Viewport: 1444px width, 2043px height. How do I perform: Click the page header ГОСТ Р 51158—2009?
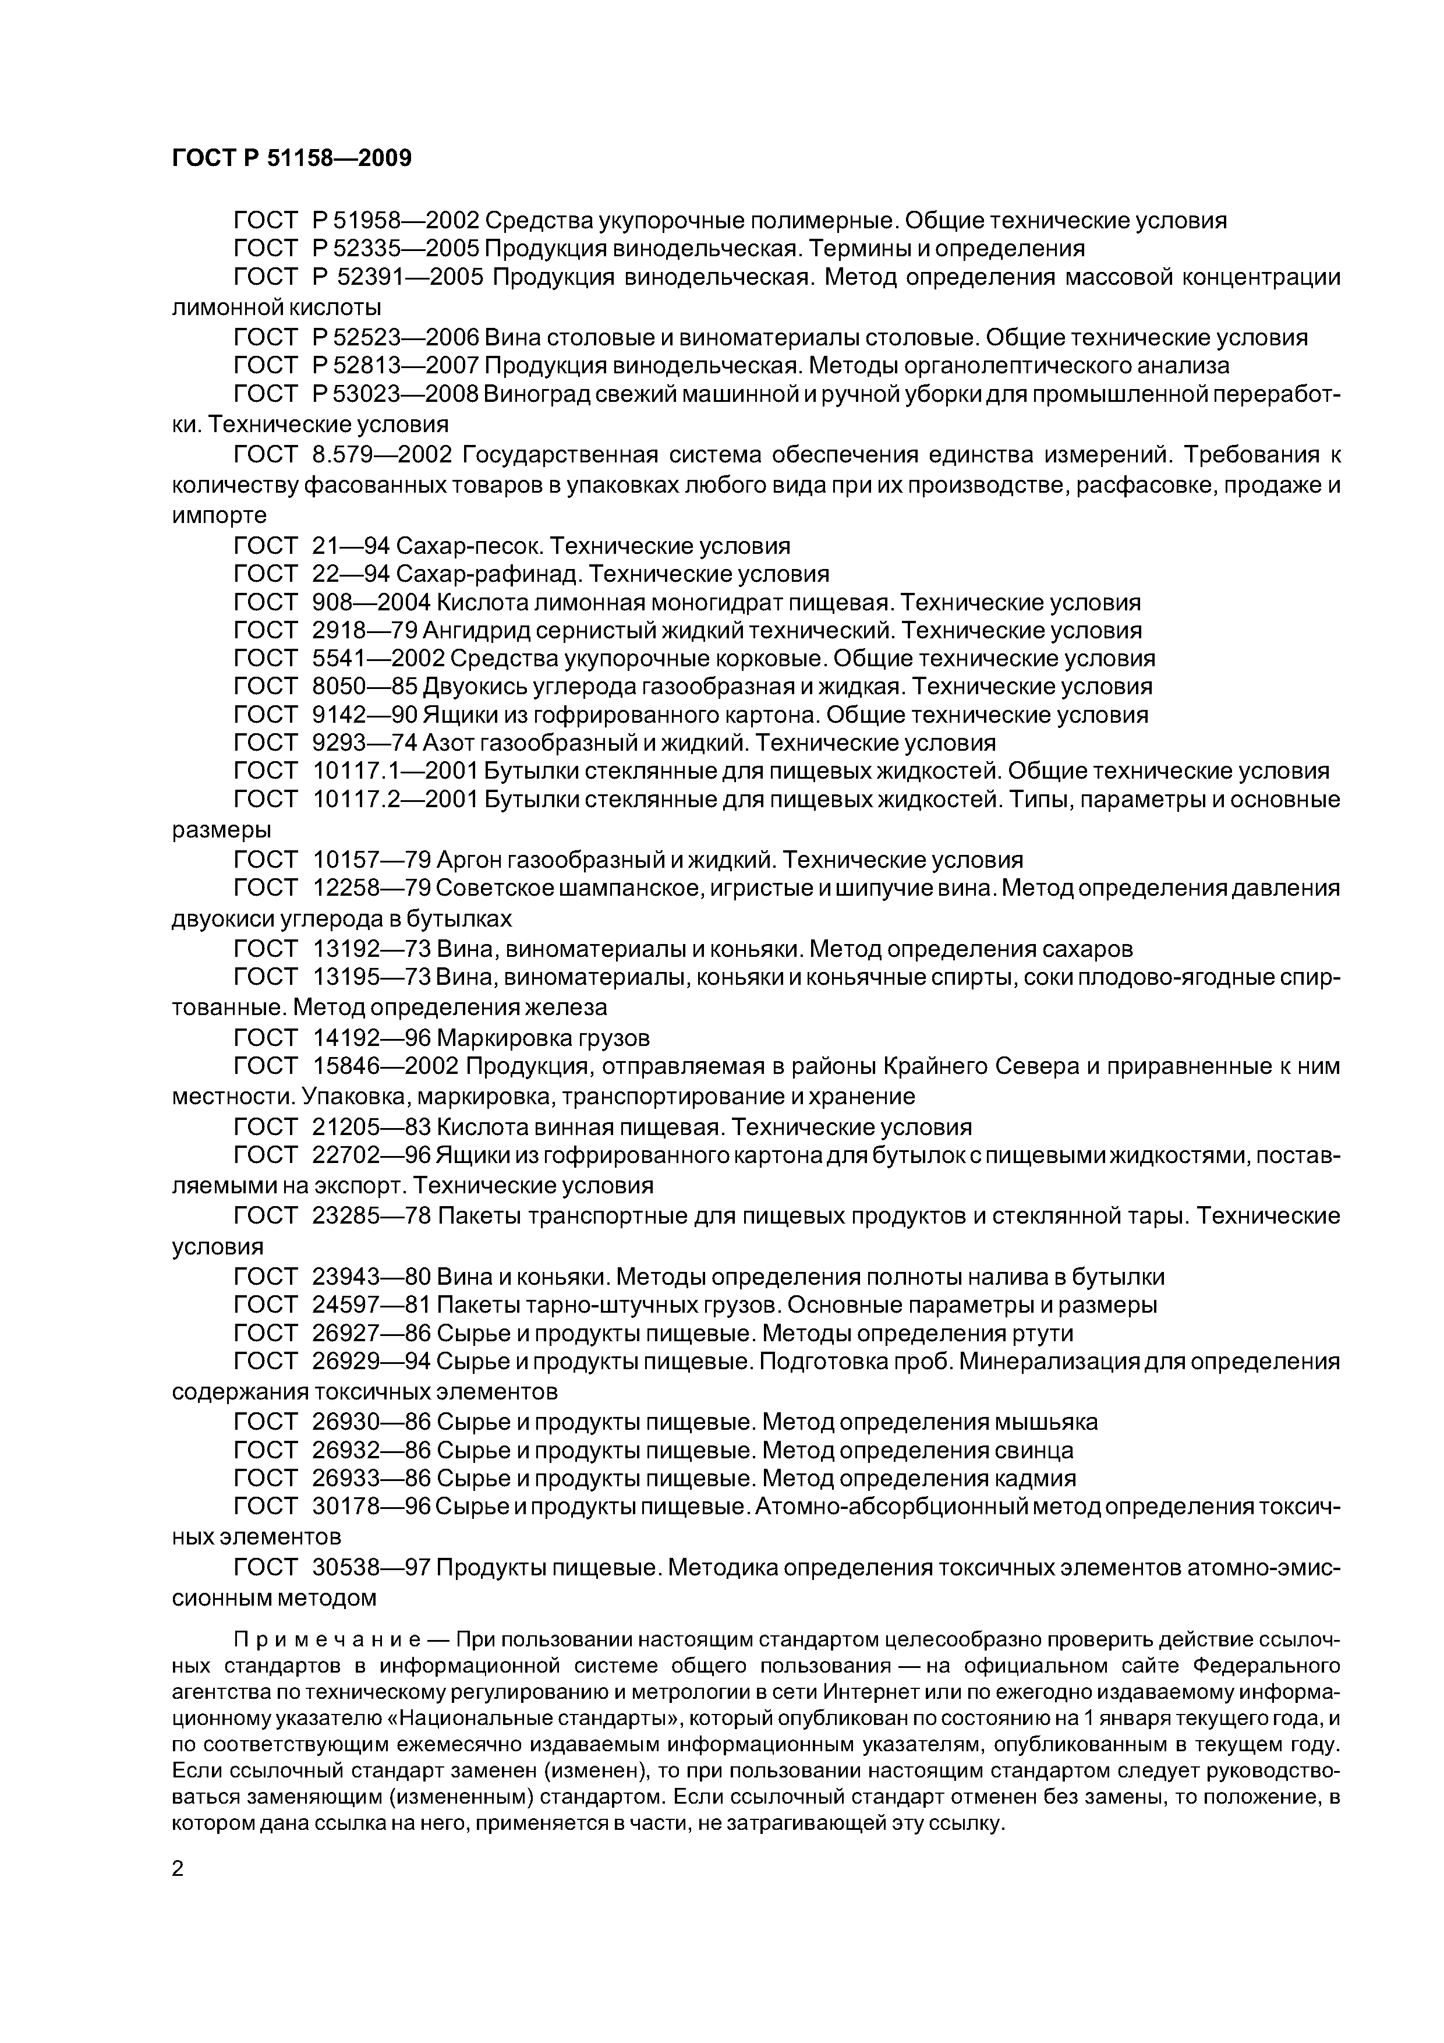coord(292,158)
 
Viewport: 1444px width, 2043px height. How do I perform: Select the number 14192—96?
coord(372,1038)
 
